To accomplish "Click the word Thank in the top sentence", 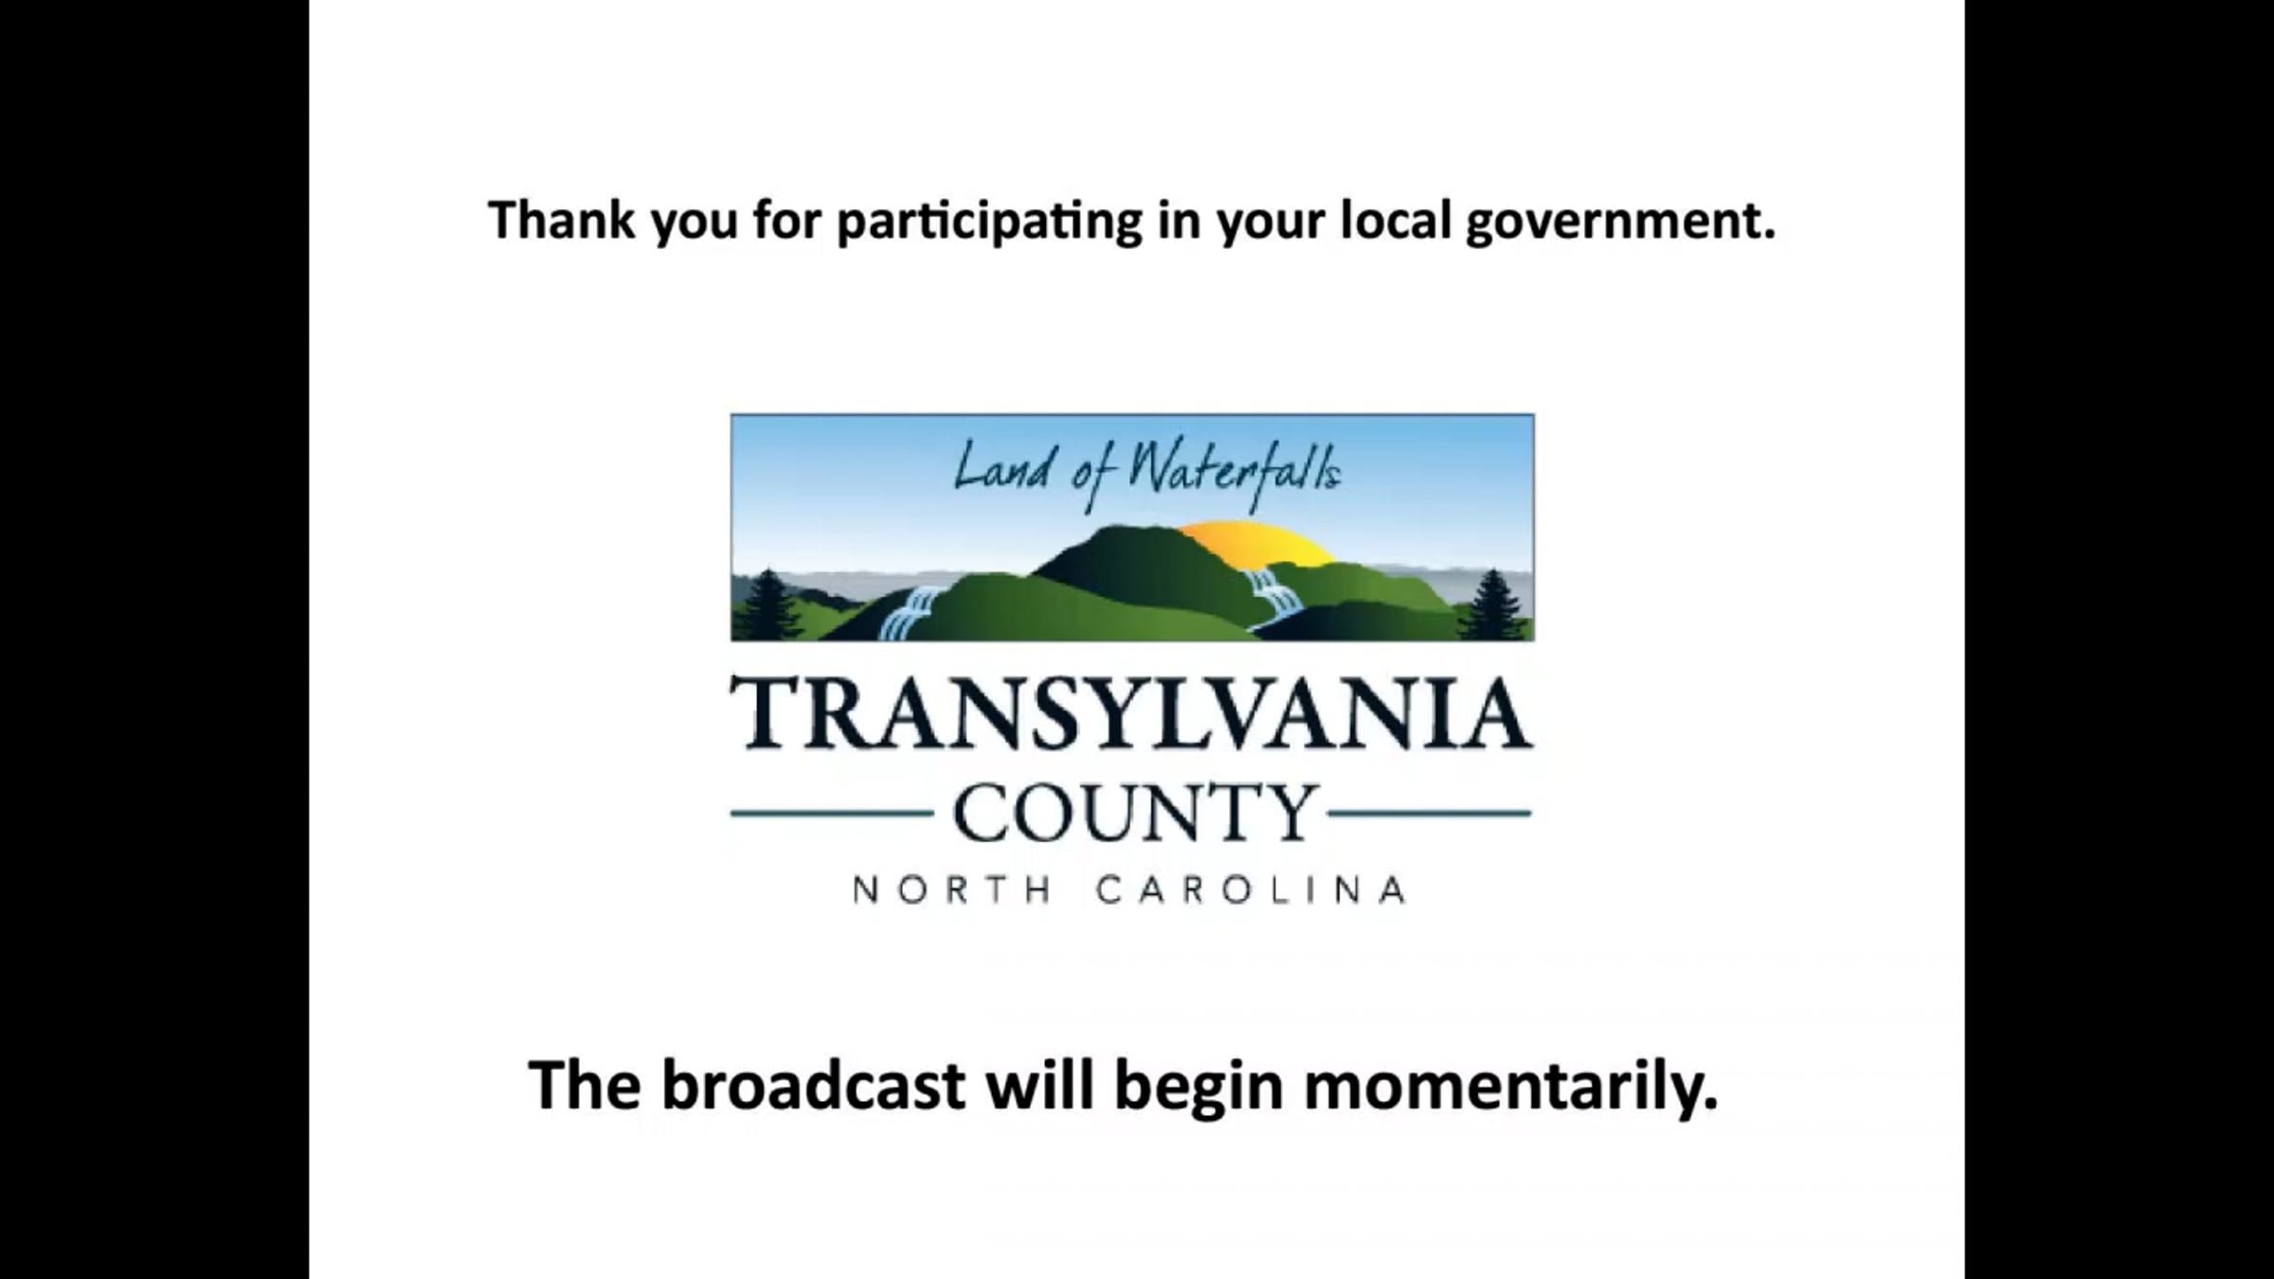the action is click(x=561, y=220).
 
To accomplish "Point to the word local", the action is click(x=1396, y=220).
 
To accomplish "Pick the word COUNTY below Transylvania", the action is click(x=1134, y=813).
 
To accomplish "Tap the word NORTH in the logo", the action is click(x=952, y=891).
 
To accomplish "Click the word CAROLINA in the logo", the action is click(x=1251, y=891).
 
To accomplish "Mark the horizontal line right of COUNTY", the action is click(x=1430, y=813).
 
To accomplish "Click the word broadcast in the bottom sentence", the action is click(x=813, y=1086).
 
